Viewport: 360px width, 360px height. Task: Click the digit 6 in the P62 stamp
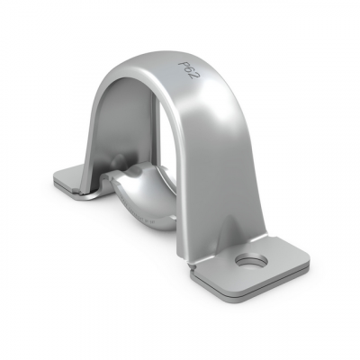pos(191,72)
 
